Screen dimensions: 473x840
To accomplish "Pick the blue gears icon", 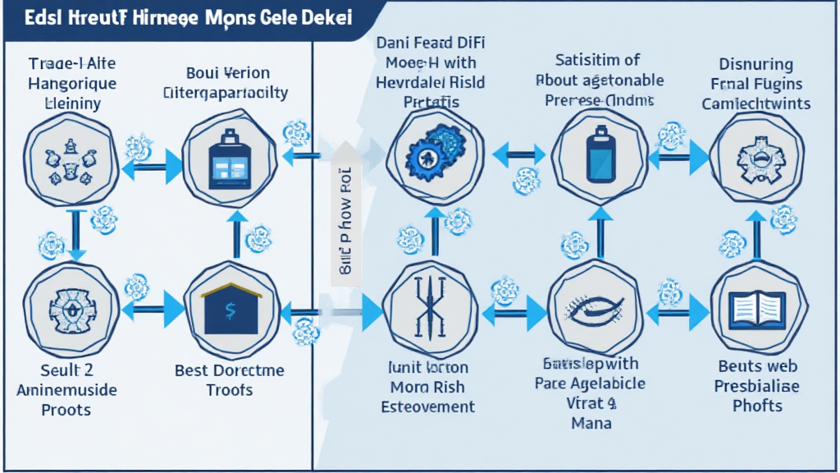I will click(436, 153).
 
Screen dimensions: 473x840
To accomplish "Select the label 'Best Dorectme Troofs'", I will click(230, 380).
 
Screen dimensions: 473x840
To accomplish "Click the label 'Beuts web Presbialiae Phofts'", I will click(757, 386).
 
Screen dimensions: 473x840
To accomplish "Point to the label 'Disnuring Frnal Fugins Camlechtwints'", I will click(755, 83).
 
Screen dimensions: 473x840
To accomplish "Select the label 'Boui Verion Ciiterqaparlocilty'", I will click(226, 82).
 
